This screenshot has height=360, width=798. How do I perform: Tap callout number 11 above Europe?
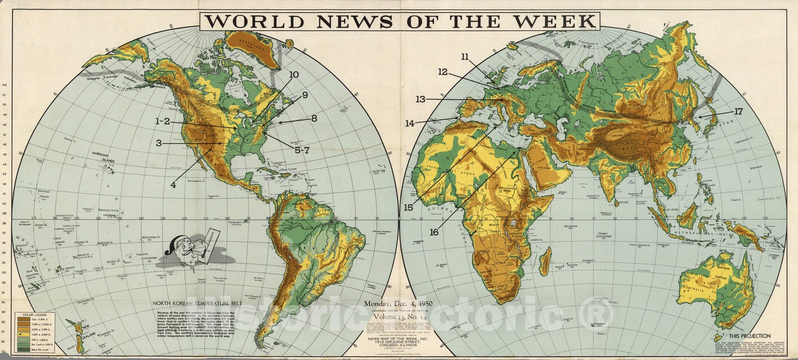tap(464, 57)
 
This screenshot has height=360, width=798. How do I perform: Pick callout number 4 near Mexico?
tap(174, 184)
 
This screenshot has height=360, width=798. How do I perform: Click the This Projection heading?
tap(749, 336)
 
